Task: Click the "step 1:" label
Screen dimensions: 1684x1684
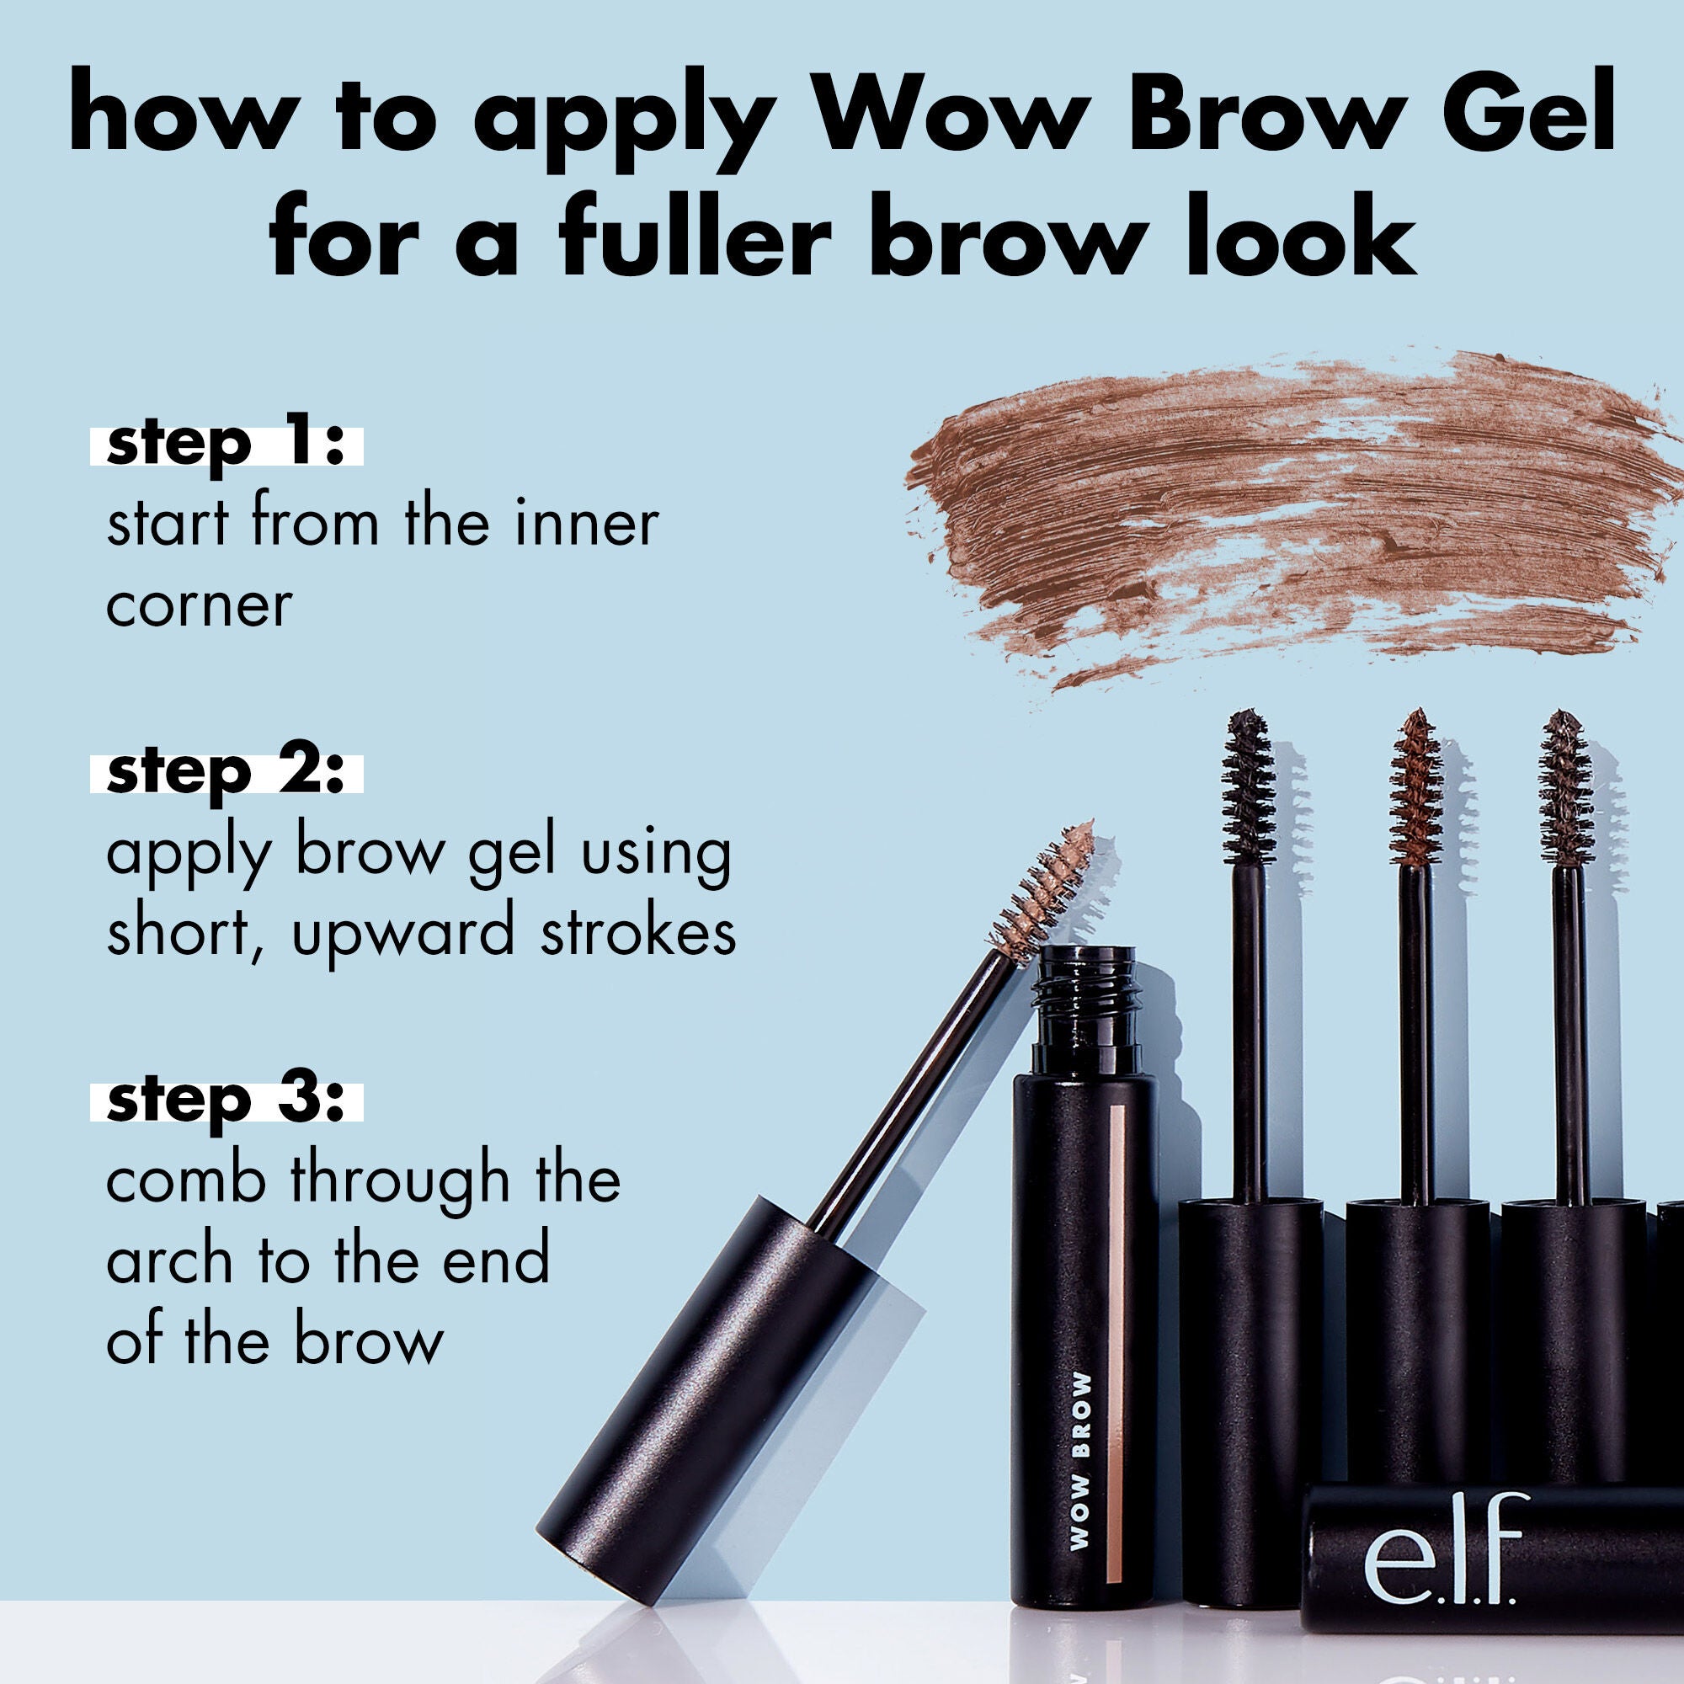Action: coord(226,445)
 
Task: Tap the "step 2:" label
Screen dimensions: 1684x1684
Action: coord(226,772)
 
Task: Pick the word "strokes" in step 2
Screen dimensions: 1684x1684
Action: coord(638,931)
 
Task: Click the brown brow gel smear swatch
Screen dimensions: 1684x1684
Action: coord(1290,514)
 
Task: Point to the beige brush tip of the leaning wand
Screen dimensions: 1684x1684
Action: coord(1042,884)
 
